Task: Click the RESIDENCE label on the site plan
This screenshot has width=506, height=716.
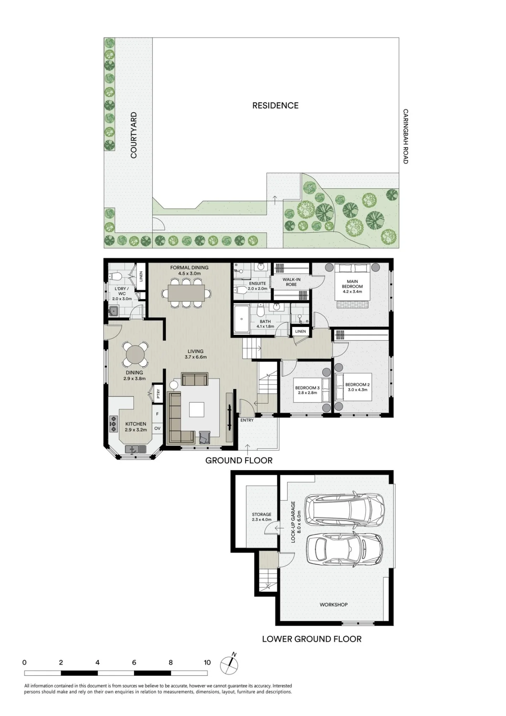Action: click(275, 106)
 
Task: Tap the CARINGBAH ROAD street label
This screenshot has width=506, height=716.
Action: click(405, 136)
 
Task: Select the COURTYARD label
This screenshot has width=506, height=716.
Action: click(134, 135)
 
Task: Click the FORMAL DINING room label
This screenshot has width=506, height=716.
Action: click(189, 267)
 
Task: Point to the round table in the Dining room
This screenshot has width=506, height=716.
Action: click(135, 355)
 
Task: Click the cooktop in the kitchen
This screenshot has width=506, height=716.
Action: click(114, 424)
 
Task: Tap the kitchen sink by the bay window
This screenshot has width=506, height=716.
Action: click(136, 449)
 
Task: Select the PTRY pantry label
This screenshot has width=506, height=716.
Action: click(158, 394)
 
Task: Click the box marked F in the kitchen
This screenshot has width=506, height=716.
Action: click(157, 414)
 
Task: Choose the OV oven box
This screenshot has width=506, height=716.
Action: click(157, 428)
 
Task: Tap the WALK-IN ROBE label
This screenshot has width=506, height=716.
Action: click(291, 282)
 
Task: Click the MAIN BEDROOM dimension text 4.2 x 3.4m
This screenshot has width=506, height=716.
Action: click(352, 291)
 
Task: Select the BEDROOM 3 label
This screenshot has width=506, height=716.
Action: click(307, 388)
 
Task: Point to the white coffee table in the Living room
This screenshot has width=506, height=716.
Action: click(197, 410)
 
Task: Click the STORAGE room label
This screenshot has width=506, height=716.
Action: click(261, 514)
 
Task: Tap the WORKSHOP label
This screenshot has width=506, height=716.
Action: click(334, 605)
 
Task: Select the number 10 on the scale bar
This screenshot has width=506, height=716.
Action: click(207, 662)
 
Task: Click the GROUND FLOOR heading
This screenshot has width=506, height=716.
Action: click(239, 460)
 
